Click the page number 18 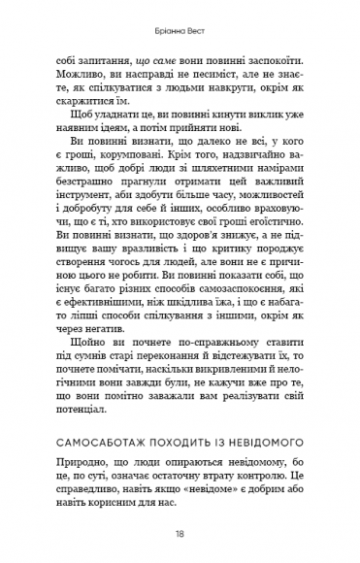tap(180, 533)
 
